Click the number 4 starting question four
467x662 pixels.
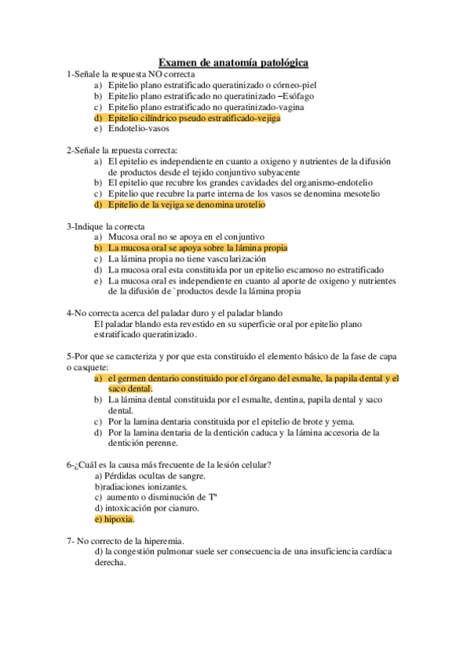point(69,313)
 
